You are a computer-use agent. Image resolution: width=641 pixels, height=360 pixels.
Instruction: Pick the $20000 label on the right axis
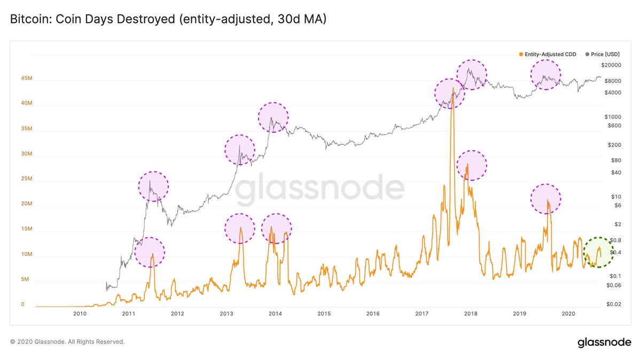tap(611, 65)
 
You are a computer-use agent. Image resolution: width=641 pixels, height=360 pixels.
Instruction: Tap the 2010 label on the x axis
tap(80, 314)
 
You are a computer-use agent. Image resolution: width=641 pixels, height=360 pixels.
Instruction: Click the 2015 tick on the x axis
tap(324, 314)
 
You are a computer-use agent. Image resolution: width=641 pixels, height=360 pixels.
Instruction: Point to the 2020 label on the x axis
tap(568, 314)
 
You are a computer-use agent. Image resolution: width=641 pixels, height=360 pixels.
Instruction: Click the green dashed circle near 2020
tap(598, 252)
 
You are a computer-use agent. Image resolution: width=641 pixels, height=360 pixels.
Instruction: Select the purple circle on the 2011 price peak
tap(153, 186)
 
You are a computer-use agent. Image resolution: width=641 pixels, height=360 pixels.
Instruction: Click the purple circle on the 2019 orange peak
tap(546, 199)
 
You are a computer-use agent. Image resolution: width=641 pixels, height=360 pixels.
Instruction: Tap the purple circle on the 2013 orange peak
tap(240, 228)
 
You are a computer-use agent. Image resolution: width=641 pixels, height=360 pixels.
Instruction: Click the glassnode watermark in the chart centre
tap(320, 190)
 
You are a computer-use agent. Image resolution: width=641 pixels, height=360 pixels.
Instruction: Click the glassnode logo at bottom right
tap(604, 342)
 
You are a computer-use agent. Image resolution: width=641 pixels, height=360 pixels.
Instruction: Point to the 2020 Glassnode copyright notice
tap(67, 341)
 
